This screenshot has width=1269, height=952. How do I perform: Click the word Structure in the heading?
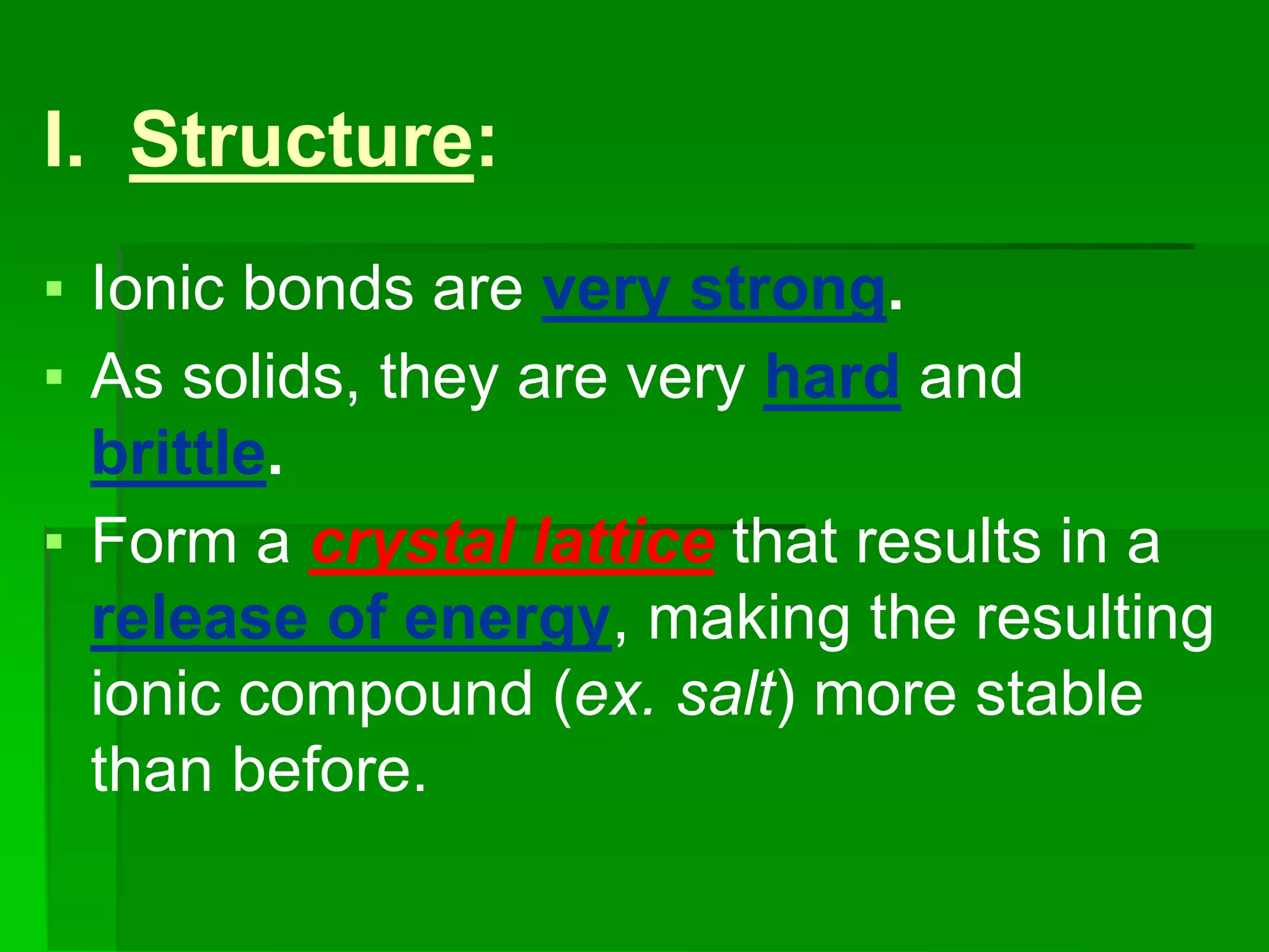point(302,140)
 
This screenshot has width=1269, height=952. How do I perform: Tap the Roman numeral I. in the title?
point(63,140)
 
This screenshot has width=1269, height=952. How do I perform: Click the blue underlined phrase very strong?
point(713,289)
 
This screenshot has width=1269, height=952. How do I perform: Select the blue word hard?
point(832,377)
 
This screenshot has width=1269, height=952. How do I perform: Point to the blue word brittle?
point(178,453)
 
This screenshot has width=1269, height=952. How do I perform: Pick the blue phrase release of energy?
point(351,619)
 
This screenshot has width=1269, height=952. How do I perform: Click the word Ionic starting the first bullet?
point(157,288)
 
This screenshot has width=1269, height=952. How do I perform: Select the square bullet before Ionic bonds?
point(55,289)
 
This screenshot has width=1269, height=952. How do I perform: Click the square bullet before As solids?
point(55,377)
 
